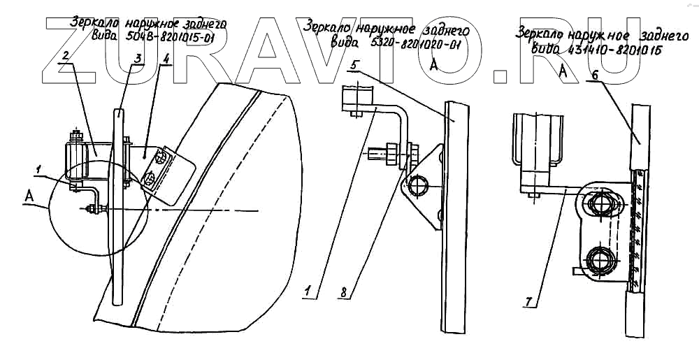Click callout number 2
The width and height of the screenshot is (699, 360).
[64, 55]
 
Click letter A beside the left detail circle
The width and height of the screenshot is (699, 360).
[29, 198]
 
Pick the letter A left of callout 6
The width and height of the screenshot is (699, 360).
[563, 70]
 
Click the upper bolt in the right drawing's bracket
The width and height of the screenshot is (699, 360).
[600, 206]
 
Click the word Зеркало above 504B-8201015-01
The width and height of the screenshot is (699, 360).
[94, 24]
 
